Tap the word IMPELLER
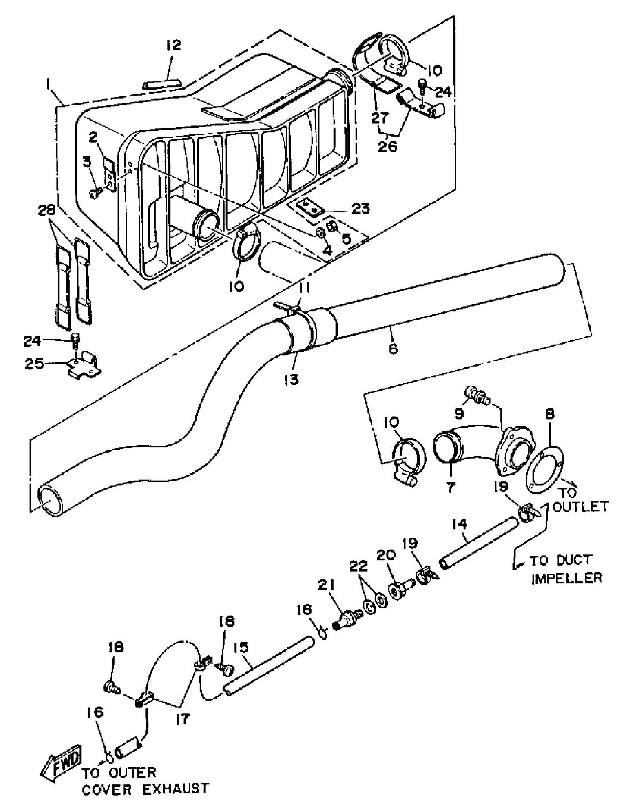point(567,578)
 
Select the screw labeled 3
point(95,192)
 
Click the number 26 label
point(388,147)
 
